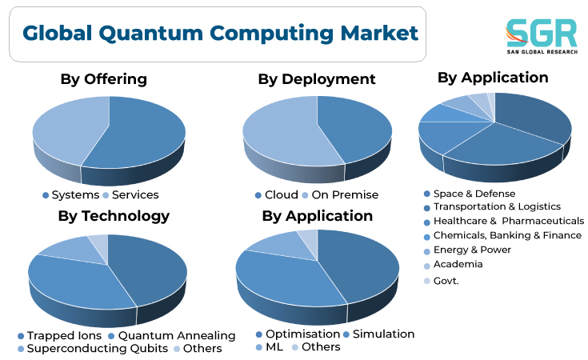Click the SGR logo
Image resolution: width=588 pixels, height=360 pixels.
(542, 36)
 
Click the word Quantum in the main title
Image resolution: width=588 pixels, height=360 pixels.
(150, 34)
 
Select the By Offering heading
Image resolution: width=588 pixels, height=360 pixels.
(103, 79)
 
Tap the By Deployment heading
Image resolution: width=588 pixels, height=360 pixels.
(317, 79)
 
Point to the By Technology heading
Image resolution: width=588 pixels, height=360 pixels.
(114, 216)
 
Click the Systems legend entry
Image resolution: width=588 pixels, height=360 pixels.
(71, 195)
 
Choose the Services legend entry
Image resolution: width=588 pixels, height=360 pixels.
(130, 195)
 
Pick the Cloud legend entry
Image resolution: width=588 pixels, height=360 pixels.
(277, 195)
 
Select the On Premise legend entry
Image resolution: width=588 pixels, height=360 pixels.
(340, 195)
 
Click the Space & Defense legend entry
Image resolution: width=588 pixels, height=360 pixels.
(470, 194)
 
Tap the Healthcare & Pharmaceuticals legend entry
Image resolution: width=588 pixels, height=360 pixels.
(504, 222)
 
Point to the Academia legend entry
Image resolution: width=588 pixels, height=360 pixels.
(453, 264)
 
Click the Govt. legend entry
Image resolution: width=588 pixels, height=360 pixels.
(441, 281)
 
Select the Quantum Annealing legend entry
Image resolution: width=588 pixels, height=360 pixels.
(172, 336)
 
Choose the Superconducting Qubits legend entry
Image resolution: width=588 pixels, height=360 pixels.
(93, 349)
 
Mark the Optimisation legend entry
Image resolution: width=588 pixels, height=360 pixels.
(298, 334)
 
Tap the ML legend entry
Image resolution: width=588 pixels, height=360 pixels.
(270, 347)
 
